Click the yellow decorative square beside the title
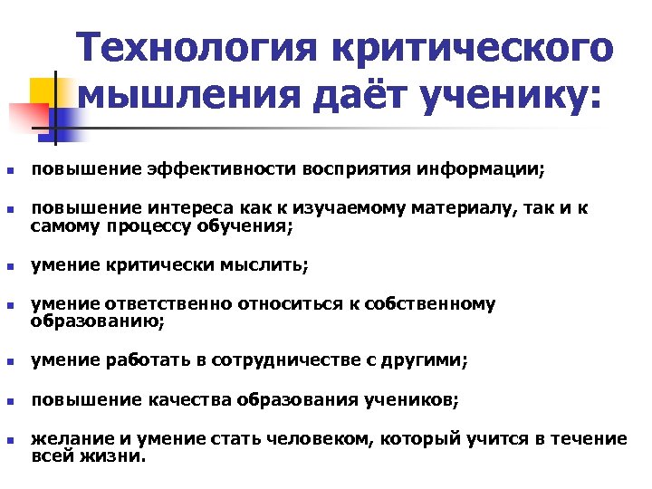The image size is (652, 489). pyautogui.click(x=44, y=93)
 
